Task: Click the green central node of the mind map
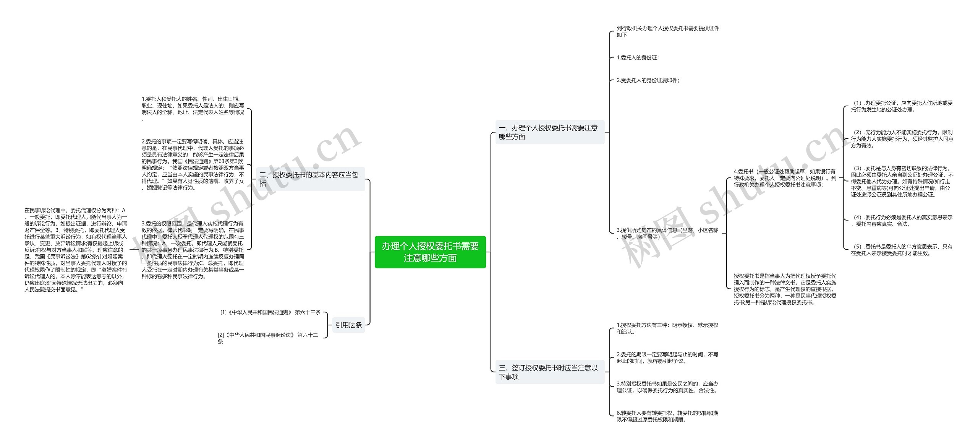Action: tap(430, 252)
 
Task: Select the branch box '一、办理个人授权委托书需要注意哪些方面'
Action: tap(549, 132)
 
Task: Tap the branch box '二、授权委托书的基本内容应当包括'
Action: tap(310, 179)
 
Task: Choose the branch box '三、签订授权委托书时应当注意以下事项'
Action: tap(549, 372)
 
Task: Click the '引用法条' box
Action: tap(348, 325)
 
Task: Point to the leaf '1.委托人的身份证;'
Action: tap(638, 58)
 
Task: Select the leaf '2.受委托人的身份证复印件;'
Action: tap(648, 80)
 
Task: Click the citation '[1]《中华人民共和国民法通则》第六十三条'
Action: tap(270, 312)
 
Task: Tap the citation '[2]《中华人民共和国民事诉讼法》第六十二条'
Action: tap(268, 338)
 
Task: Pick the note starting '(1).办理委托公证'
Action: tap(901, 106)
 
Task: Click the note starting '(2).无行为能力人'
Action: tap(901, 139)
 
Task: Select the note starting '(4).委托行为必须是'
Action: tap(901, 221)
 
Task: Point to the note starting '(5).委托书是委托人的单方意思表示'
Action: tap(901, 250)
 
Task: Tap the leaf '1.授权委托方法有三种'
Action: tap(667, 328)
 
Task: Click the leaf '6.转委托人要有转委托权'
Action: tap(667, 416)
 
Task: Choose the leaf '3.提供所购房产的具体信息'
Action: tap(667, 233)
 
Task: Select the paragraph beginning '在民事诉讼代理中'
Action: tap(76, 250)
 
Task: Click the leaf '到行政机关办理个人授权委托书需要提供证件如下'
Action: tap(667, 31)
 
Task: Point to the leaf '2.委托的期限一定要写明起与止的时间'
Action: tap(667, 358)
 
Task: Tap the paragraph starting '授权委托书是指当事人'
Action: tap(785, 289)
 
